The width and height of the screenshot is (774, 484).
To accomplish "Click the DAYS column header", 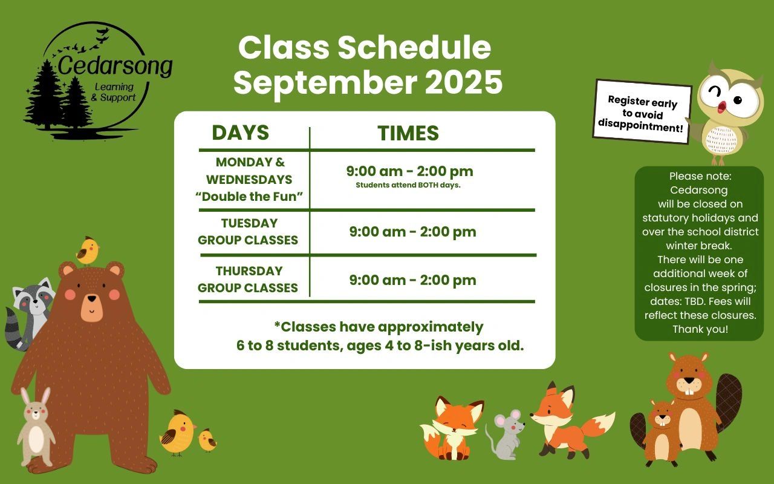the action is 241,132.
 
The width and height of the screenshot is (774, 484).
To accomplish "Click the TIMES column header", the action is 408,133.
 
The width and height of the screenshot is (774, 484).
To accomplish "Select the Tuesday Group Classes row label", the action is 248,232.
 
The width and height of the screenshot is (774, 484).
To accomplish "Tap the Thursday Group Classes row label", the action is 248,280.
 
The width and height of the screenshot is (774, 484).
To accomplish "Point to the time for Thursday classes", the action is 412,280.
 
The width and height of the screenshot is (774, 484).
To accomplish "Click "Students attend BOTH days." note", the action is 408,185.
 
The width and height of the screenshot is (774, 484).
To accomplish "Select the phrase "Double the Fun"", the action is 249,197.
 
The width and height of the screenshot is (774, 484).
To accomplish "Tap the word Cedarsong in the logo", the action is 115,66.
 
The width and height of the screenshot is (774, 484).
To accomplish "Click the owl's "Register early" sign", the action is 642,111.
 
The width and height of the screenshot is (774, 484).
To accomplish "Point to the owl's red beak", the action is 721,107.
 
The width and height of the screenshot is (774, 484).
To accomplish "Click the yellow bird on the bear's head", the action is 88,250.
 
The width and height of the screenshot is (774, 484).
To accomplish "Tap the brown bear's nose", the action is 92,298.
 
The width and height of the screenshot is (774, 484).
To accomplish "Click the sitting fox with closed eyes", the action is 451,429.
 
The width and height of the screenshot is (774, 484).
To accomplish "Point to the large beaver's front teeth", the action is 689,391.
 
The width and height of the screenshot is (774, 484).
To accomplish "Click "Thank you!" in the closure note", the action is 700,329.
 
